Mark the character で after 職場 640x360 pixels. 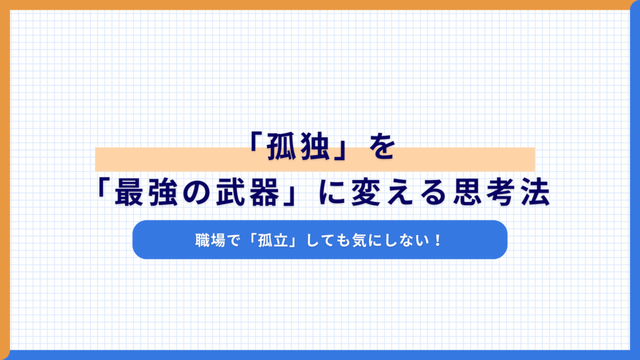tap(234, 240)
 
